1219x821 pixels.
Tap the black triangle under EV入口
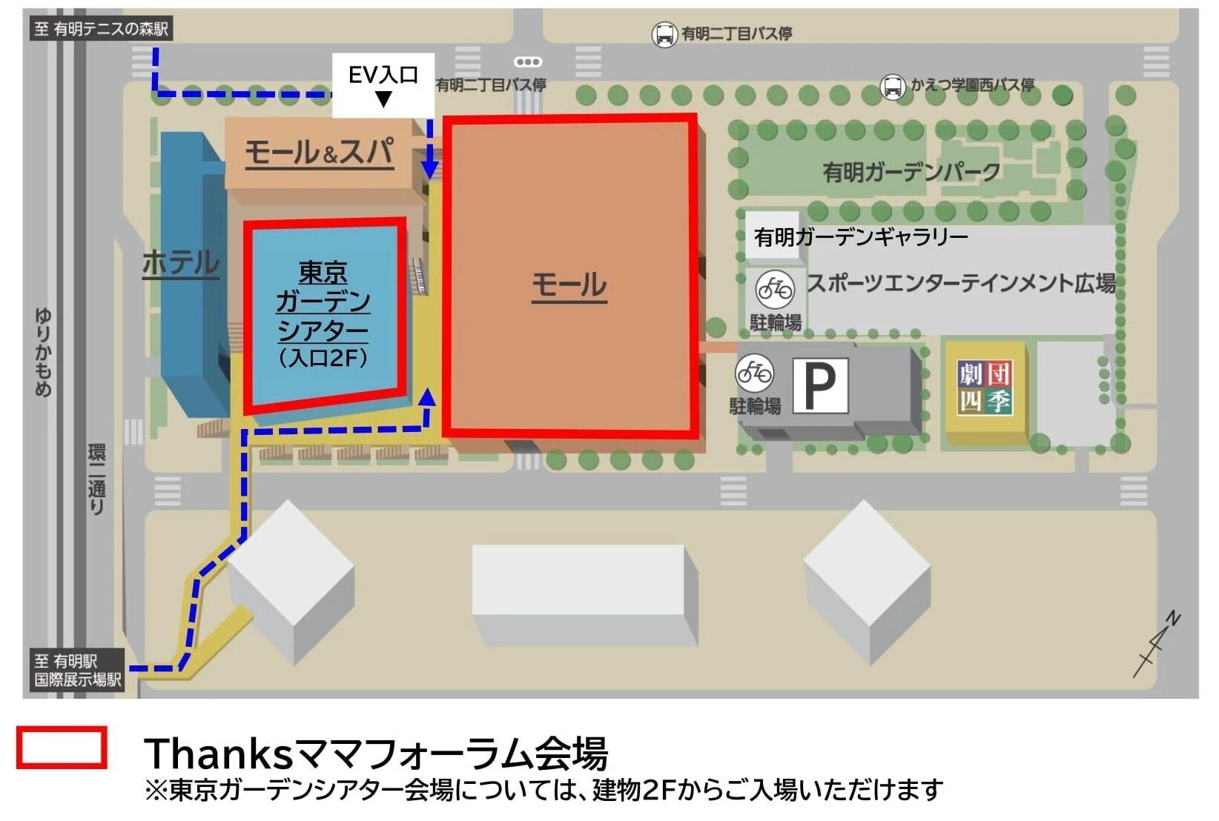pos(383,99)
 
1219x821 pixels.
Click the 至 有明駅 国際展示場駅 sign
pos(77,671)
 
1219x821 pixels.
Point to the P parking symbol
pos(820,385)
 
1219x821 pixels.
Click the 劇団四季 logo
pos(985,388)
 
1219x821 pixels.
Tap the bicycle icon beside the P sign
pos(755,373)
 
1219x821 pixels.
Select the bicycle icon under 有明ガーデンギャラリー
pos(775,288)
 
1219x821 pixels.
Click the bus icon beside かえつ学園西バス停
pos(893,87)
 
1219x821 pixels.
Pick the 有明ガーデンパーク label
pos(911,173)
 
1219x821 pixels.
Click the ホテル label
pos(181,262)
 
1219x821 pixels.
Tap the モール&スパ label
pos(320,153)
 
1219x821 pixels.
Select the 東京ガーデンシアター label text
pos(323,302)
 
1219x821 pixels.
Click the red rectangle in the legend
pos(62,747)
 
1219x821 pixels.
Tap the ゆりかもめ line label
pos(43,352)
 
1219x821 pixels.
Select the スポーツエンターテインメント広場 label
pos(961,282)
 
